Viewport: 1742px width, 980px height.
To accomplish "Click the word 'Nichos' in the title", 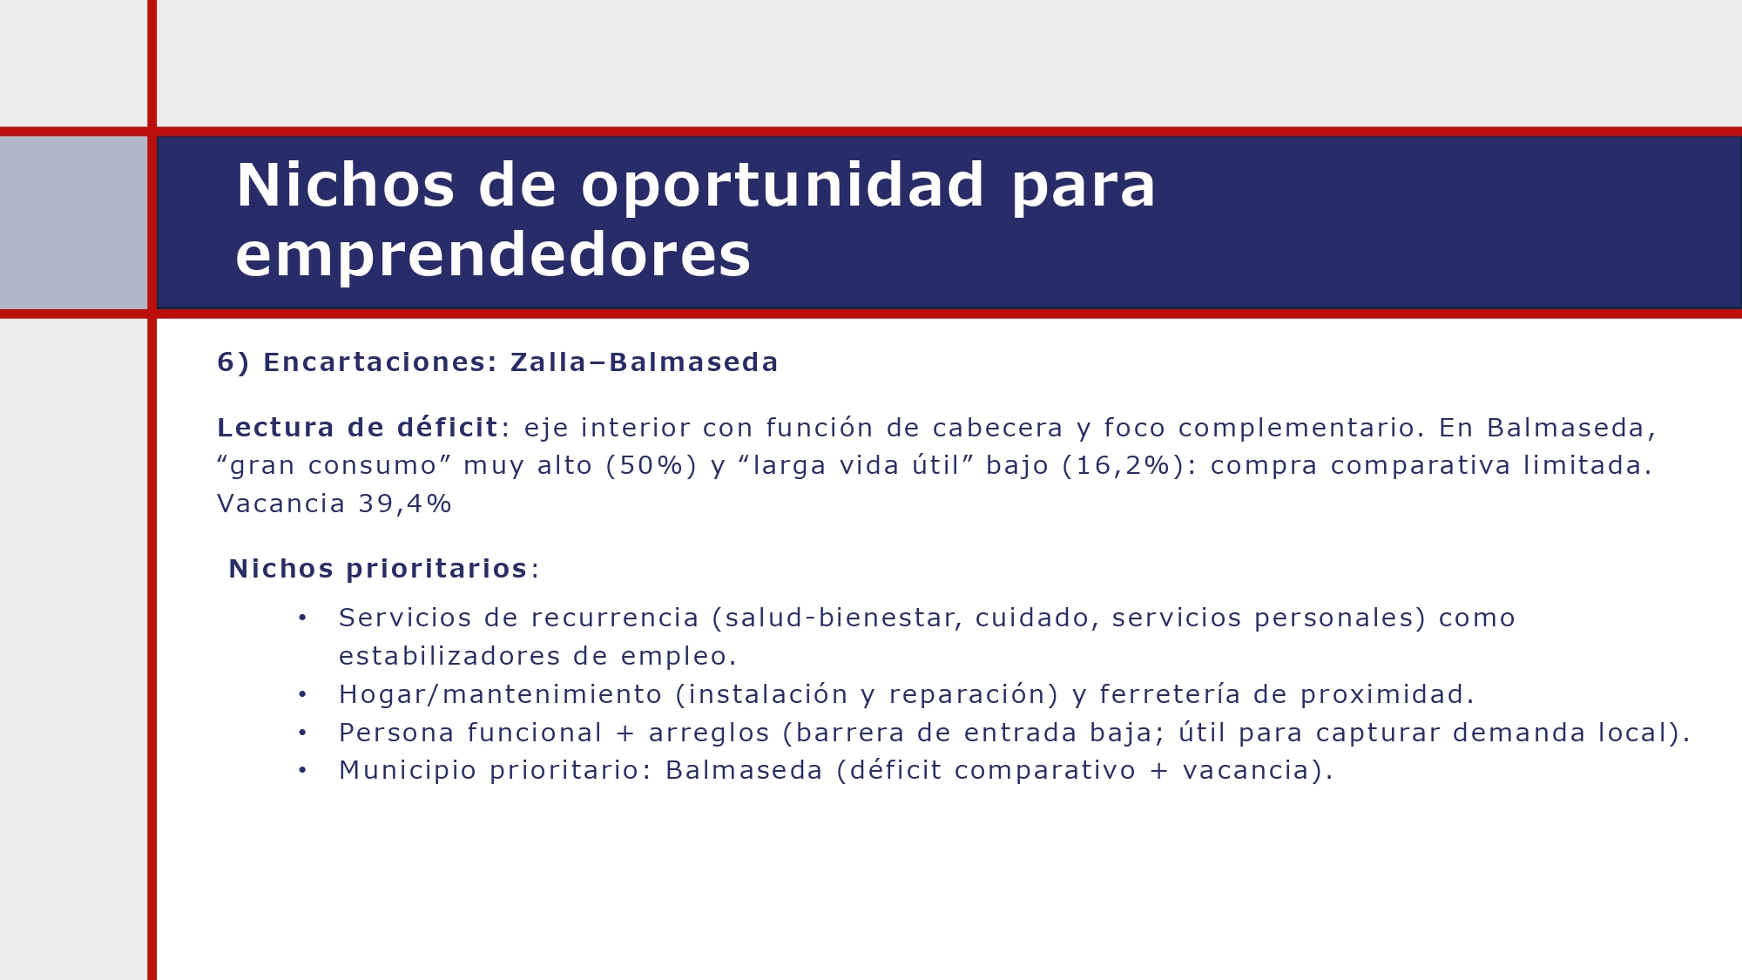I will click(345, 186).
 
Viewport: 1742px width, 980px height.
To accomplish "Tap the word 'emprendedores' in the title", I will click(493, 255).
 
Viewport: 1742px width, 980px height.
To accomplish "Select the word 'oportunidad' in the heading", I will click(782, 186).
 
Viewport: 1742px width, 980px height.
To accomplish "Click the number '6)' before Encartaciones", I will click(233, 362).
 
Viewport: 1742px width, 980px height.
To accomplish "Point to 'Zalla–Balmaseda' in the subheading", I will click(644, 362).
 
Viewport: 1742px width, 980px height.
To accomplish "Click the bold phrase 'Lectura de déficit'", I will click(357, 428).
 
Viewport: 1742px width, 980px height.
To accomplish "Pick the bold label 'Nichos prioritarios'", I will click(378, 569).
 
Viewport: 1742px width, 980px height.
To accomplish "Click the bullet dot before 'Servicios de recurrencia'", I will click(302, 618).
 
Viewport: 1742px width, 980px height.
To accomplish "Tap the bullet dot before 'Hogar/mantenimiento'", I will click(302, 695).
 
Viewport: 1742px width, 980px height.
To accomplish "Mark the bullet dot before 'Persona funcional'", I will click(302, 733).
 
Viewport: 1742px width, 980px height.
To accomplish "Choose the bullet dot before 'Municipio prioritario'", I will click(302, 771).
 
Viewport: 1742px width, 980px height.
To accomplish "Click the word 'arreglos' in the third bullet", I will click(709, 733).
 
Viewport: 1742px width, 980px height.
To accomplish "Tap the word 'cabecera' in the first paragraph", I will click(998, 428).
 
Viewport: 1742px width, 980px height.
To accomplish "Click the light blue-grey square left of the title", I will click(73, 222).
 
